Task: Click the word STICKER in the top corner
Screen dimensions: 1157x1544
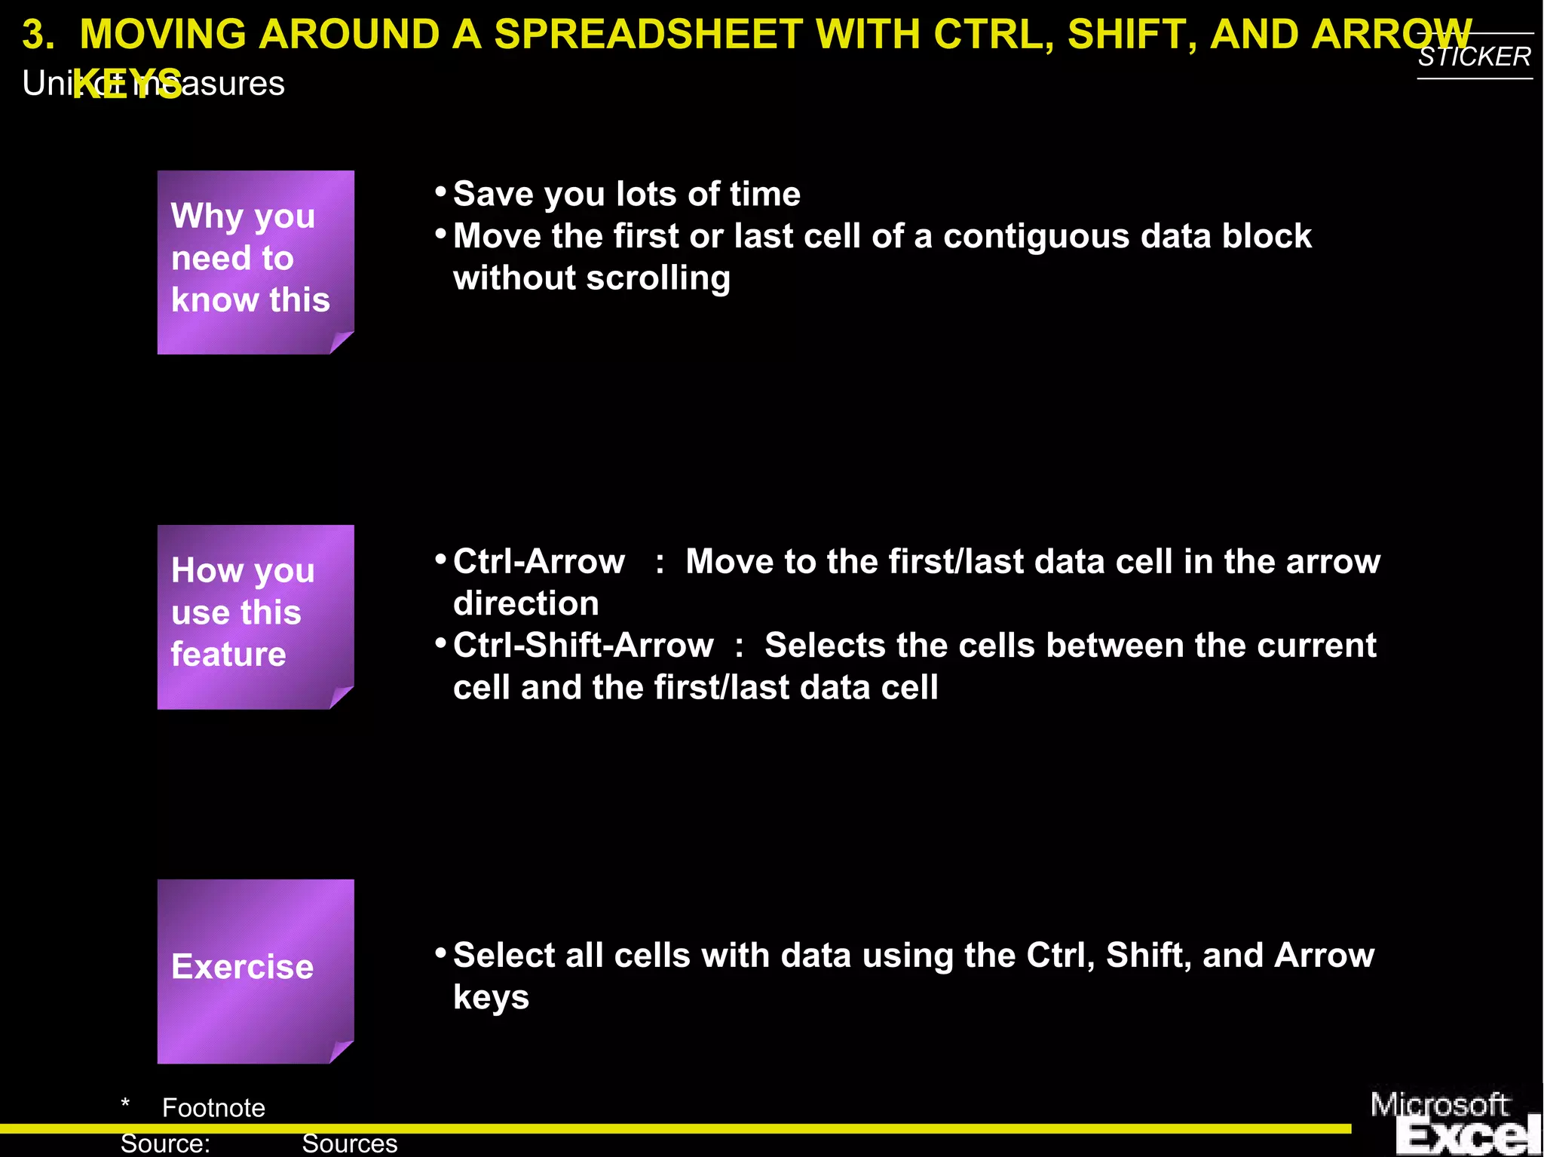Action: pos(1474,57)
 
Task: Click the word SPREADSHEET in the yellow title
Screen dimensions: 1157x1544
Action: pos(648,35)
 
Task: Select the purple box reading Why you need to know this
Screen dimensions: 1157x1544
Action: pos(255,262)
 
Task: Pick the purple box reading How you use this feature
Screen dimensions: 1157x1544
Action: pos(255,616)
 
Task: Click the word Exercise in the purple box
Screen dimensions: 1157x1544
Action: pos(242,967)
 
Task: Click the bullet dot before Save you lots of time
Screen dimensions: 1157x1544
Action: pos(441,192)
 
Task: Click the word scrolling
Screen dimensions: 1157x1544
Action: pos(658,278)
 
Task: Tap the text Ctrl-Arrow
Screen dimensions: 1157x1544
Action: pos(538,562)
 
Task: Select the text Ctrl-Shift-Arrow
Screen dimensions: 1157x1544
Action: pos(583,646)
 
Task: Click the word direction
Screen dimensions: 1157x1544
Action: pos(525,604)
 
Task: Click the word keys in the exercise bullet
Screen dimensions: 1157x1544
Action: pos(491,997)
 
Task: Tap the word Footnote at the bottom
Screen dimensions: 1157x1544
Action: pos(213,1108)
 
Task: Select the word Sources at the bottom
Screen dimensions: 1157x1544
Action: pos(349,1143)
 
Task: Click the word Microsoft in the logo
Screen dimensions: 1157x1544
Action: pos(1438,1105)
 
